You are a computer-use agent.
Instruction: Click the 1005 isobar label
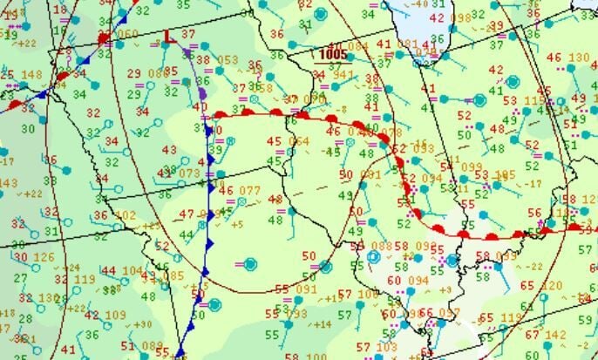[x=332, y=54]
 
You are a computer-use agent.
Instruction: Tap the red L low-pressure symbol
[x=167, y=37]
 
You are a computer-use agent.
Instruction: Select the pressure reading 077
[x=249, y=190]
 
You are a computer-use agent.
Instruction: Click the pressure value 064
[x=299, y=141]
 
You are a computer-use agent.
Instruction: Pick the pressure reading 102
[x=125, y=214]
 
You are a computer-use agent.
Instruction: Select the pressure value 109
[x=115, y=315]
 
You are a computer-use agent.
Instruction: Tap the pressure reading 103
[x=387, y=347]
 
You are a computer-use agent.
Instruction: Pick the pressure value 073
[x=190, y=173]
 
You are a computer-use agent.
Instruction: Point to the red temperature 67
[x=532, y=335]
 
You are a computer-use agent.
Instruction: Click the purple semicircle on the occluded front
[x=203, y=92]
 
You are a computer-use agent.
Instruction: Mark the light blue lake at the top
[x=410, y=22]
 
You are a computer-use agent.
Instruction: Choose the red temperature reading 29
[x=133, y=72]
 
